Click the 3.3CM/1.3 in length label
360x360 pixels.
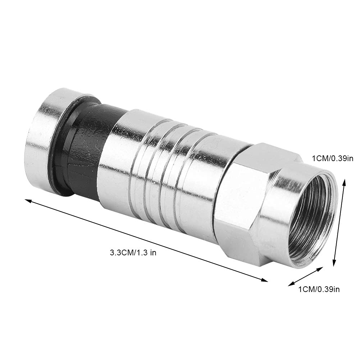pos(133,253)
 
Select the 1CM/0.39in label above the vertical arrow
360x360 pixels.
pos(332,158)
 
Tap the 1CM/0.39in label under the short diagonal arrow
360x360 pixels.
pos(318,289)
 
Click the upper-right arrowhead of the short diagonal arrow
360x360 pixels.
pos(320,269)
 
